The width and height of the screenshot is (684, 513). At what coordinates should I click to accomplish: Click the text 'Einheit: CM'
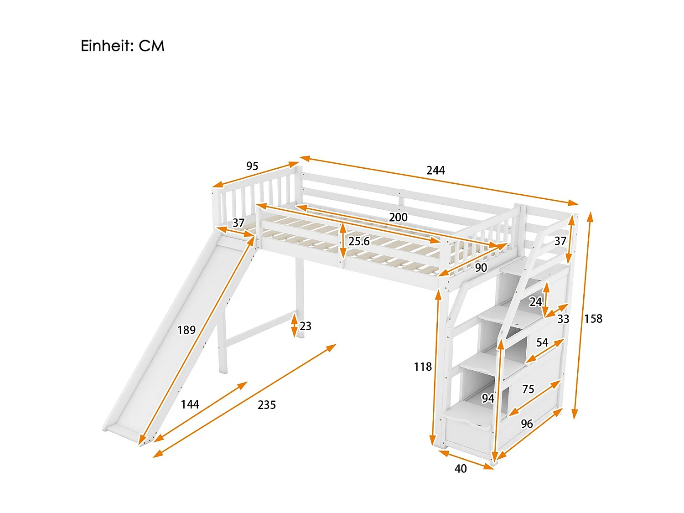122,46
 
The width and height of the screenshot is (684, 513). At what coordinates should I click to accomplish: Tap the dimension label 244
435,171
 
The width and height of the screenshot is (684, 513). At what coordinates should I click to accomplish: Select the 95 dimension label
252,166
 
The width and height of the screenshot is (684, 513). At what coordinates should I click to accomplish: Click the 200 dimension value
398,218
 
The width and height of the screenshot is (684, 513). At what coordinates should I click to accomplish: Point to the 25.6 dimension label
359,242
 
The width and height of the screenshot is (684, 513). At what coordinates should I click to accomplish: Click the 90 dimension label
481,268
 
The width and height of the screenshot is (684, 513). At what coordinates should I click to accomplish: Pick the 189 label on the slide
187,330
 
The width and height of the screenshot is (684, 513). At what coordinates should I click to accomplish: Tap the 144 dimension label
190,404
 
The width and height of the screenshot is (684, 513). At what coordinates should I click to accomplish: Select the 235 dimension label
267,405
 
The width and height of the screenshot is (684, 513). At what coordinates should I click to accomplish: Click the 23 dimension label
306,326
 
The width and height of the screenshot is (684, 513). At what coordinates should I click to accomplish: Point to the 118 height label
423,367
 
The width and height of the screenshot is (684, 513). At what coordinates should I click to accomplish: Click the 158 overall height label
593,319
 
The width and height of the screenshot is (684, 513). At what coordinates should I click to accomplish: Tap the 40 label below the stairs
461,469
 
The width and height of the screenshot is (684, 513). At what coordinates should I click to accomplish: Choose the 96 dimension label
527,424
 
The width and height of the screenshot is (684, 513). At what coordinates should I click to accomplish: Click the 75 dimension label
528,389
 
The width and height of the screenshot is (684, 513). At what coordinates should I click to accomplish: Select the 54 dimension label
542,342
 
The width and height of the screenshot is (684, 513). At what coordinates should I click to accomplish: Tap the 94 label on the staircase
488,399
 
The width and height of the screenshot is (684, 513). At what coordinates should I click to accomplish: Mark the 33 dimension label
564,319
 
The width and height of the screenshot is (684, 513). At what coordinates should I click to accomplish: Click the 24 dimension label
535,302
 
